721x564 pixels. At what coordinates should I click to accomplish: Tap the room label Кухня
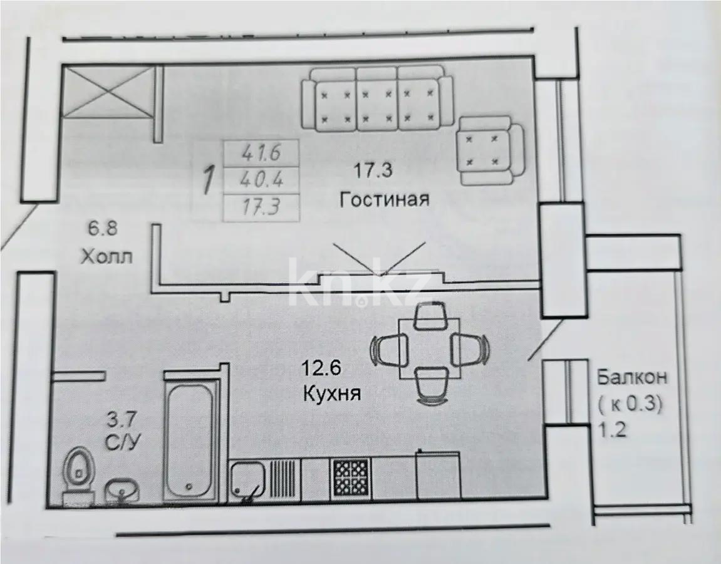click(x=331, y=394)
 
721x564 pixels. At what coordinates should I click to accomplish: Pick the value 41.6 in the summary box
click(x=262, y=152)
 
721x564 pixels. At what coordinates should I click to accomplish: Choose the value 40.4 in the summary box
click(x=262, y=180)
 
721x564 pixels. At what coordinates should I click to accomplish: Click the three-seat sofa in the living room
click(x=376, y=100)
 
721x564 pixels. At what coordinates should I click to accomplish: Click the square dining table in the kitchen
click(x=430, y=348)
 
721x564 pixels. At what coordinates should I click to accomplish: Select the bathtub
click(x=192, y=439)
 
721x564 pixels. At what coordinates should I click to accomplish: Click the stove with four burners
click(x=350, y=479)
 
